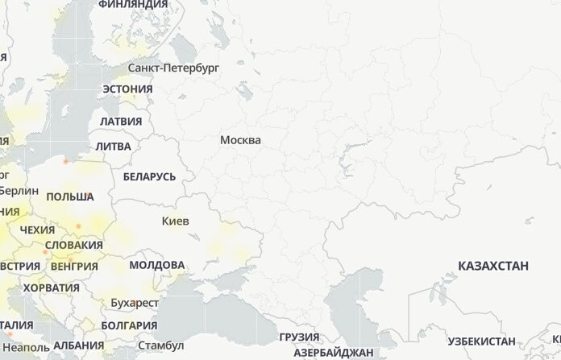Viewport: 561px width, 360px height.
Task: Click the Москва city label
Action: pyautogui.click(x=240, y=140)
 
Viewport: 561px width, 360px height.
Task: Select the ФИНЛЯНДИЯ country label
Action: pyautogui.click(x=133, y=5)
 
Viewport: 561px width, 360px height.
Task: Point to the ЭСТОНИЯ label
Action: pyautogui.click(x=128, y=89)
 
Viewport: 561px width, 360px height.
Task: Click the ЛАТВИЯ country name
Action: pyautogui.click(x=121, y=121)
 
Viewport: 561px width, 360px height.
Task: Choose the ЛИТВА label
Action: pyautogui.click(x=113, y=147)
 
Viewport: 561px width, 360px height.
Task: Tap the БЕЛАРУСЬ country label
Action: pyautogui.click(x=149, y=176)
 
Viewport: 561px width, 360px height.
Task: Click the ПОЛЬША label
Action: pyautogui.click(x=70, y=197)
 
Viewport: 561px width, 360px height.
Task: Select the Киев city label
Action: pyautogui.click(x=176, y=220)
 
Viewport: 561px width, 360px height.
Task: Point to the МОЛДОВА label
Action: pyautogui.click(x=156, y=264)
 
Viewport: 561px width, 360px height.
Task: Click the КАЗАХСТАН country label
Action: pyautogui.click(x=493, y=265)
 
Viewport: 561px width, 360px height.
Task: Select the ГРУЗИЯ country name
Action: pyautogui.click(x=298, y=337)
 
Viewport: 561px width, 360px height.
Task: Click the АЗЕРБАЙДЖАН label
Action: pyautogui.click(x=333, y=353)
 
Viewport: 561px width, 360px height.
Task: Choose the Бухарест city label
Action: pyautogui.click(x=135, y=303)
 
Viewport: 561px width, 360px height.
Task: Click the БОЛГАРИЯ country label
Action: pyautogui.click(x=130, y=325)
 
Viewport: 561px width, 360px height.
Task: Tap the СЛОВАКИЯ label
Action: pyautogui.click(x=74, y=245)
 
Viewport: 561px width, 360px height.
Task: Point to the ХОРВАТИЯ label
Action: pyautogui.click(x=52, y=288)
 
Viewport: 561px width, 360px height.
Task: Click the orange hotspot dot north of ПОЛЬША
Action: pyautogui.click(x=65, y=160)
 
